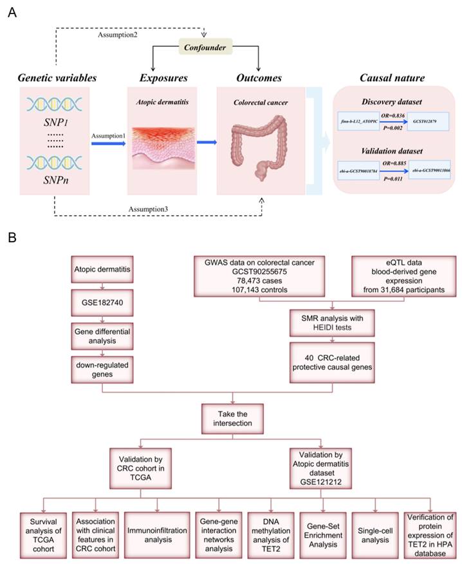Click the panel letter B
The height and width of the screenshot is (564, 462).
(x=12, y=236)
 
